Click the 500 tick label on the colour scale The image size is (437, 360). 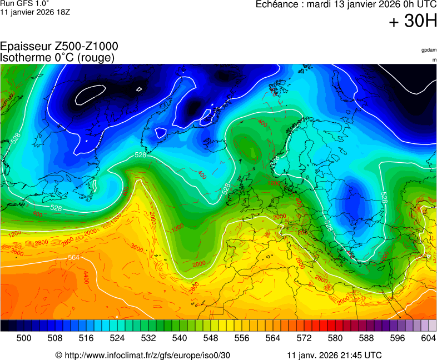point(24,338)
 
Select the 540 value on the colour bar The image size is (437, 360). point(180,338)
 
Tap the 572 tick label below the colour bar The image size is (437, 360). point(304,338)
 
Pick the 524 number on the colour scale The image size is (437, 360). point(117,338)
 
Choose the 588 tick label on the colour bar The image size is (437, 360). point(366,338)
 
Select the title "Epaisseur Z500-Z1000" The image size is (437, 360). point(59,47)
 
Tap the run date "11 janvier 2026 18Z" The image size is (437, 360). point(35,12)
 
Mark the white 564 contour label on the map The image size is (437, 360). point(73,258)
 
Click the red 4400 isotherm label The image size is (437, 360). point(86,278)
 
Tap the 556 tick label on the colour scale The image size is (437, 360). point(242,338)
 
